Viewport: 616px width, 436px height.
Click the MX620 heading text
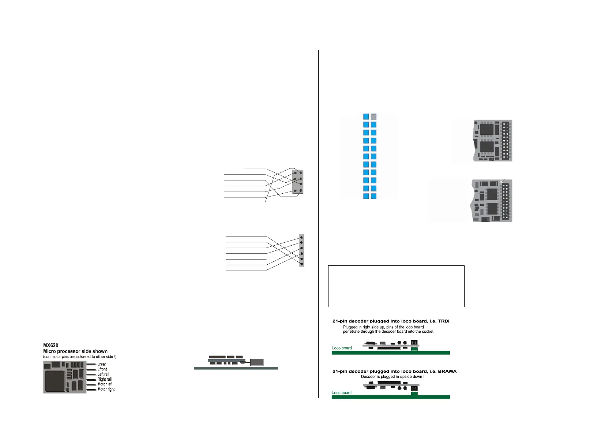50,345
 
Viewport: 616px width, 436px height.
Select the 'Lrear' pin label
101,364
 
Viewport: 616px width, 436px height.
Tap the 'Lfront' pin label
102,369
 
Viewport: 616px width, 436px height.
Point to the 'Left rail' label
103,374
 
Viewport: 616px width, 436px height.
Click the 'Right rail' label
104,379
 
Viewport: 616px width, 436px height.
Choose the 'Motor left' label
105,384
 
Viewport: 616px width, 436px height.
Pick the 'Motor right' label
106,390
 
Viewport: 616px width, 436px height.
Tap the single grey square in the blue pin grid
373,117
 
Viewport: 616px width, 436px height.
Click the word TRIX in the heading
443,321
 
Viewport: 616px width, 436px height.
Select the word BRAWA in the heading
447,371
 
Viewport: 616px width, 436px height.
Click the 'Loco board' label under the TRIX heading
342,348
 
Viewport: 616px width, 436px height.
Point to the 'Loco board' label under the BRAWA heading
342,393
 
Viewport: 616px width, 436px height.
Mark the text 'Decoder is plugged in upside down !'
392,377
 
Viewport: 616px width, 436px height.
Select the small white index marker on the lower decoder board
502,181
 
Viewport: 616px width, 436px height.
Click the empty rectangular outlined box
396,286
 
